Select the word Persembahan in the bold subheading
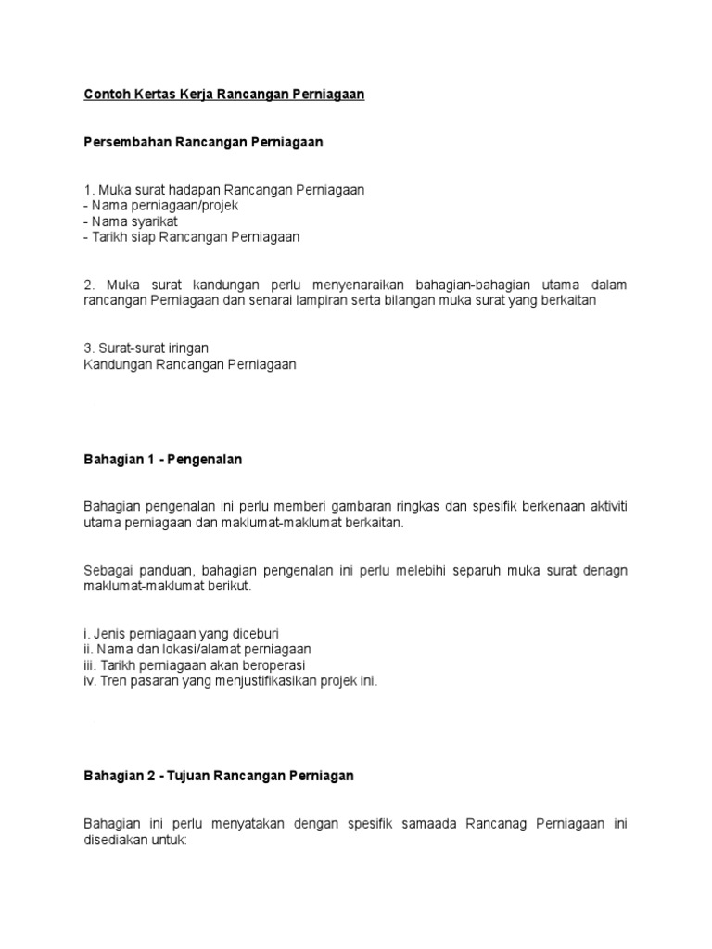click(122, 143)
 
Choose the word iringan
click(185, 348)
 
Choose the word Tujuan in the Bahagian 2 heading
click(188, 775)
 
